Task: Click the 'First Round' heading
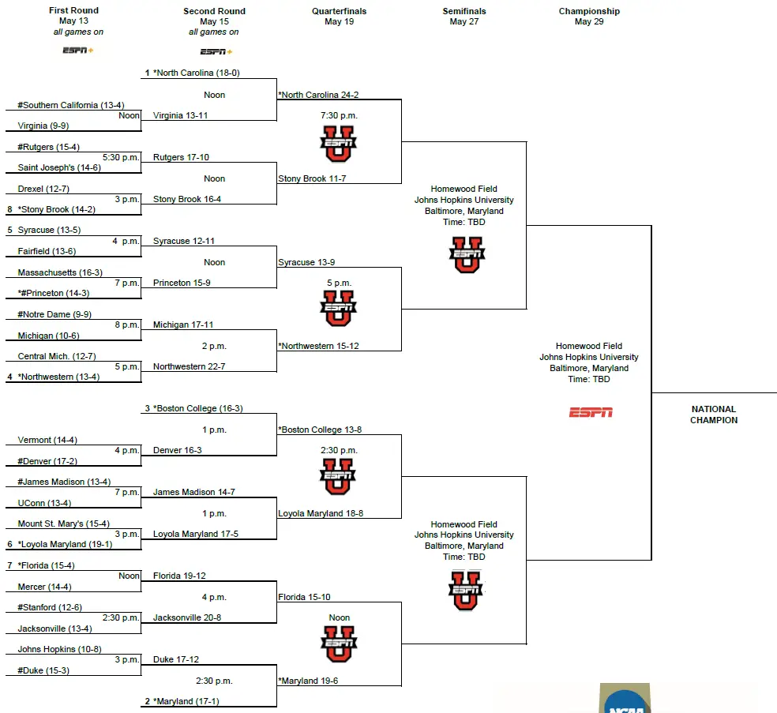click(x=73, y=11)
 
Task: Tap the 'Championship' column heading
click(x=589, y=11)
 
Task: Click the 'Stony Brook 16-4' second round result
click(x=187, y=199)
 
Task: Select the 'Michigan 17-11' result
click(x=183, y=325)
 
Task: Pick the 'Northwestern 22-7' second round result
click(x=190, y=366)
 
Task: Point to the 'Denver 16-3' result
click(x=178, y=450)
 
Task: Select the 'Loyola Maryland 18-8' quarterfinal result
click(x=321, y=513)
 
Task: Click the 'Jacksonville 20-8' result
click(x=187, y=617)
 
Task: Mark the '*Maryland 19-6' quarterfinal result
click(x=309, y=681)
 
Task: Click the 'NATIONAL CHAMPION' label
click(x=713, y=415)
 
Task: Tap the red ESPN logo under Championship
click(x=591, y=412)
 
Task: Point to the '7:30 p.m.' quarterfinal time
click(x=339, y=115)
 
